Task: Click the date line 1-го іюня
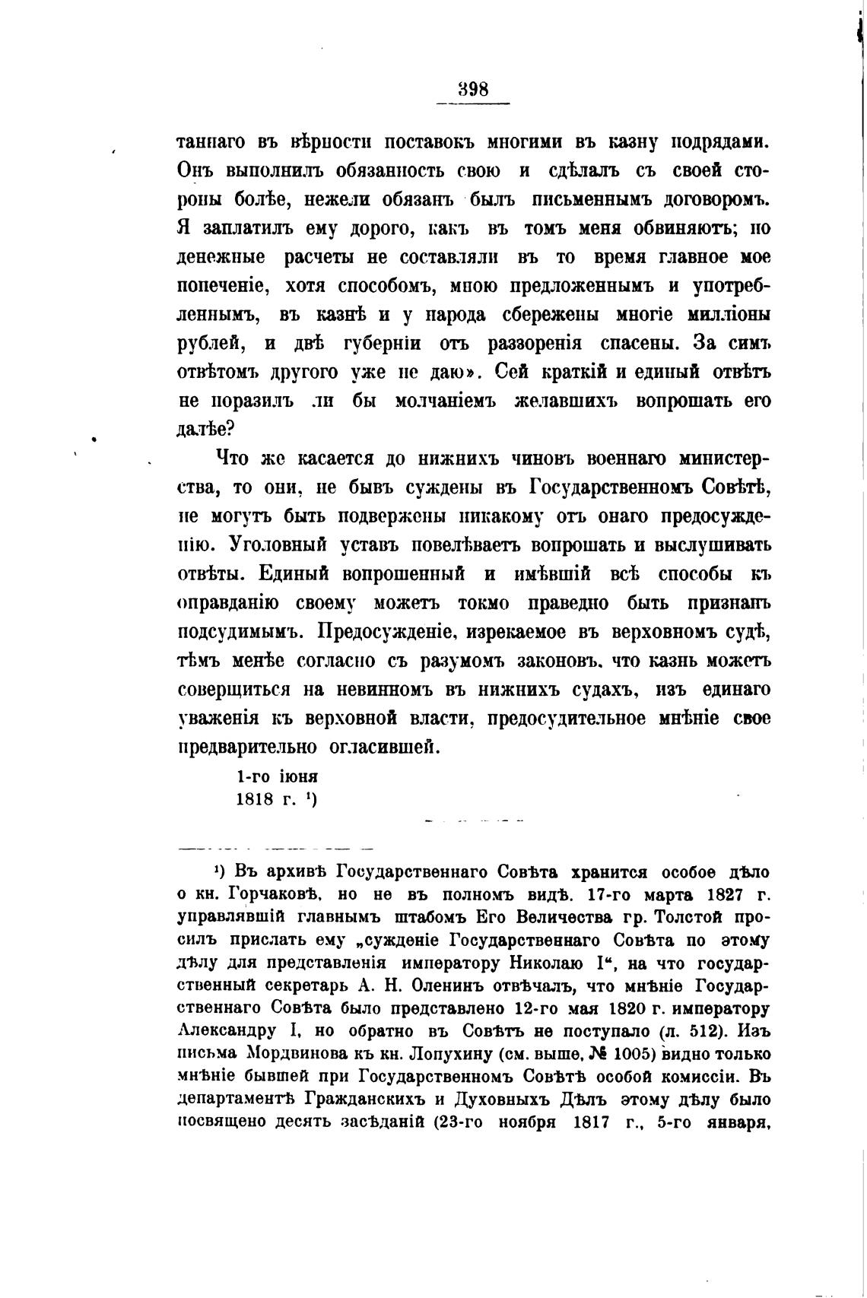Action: [277, 777]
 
